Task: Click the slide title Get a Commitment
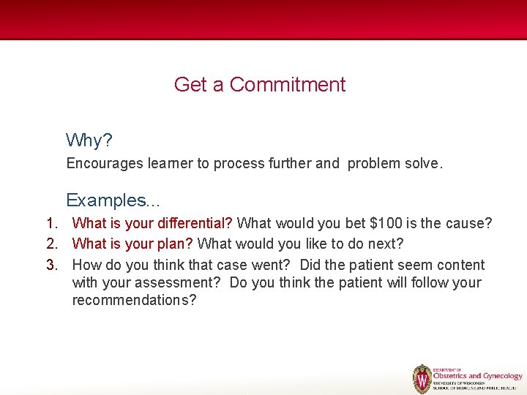(260, 85)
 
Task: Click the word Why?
(89, 140)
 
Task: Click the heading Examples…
(113, 200)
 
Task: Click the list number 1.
(51, 223)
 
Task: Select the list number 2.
(51, 244)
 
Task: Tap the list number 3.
(51, 265)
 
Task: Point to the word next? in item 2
(384, 244)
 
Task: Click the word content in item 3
(460, 265)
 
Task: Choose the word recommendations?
(134, 301)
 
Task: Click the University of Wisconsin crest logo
(422, 379)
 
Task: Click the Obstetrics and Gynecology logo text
(477, 376)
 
